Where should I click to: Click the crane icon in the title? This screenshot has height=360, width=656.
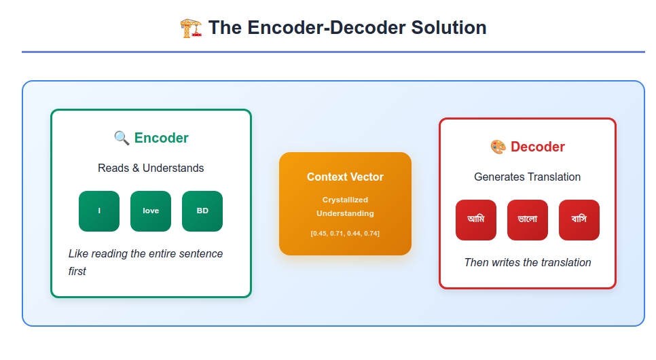click(x=192, y=28)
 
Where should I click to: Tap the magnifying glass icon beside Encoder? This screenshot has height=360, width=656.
click(x=122, y=138)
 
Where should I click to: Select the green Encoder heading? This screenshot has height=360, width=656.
click(x=162, y=138)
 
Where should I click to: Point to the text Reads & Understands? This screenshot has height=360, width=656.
click(x=151, y=168)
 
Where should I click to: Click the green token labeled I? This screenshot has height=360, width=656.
click(x=99, y=211)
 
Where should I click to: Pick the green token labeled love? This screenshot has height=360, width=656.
click(x=151, y=211)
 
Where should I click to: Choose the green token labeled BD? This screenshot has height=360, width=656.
click(x=202, y=211)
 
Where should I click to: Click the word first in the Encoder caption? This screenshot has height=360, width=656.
click(x=77, y=271)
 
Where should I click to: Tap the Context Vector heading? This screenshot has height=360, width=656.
click(x=345, y=177)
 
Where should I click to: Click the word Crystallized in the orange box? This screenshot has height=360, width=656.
click(x=345, y=200)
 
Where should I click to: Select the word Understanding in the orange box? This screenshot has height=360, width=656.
click(x=345, y=213)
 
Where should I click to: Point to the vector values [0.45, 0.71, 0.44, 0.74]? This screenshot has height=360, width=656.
click(x=345, y=233)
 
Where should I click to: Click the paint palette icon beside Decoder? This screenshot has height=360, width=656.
click(x=498, y=147)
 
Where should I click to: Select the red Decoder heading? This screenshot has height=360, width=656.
click(x=538, y=147)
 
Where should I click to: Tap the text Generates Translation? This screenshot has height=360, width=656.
click(x=527, y=177)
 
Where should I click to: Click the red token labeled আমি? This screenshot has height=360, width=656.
click(x=476, y=220)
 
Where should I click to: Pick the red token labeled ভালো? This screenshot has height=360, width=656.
click(x=528, y=220)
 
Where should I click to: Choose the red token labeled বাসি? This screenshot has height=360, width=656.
click(x=579, y=220)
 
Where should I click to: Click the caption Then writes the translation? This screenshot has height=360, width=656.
click(x=528, y=262)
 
